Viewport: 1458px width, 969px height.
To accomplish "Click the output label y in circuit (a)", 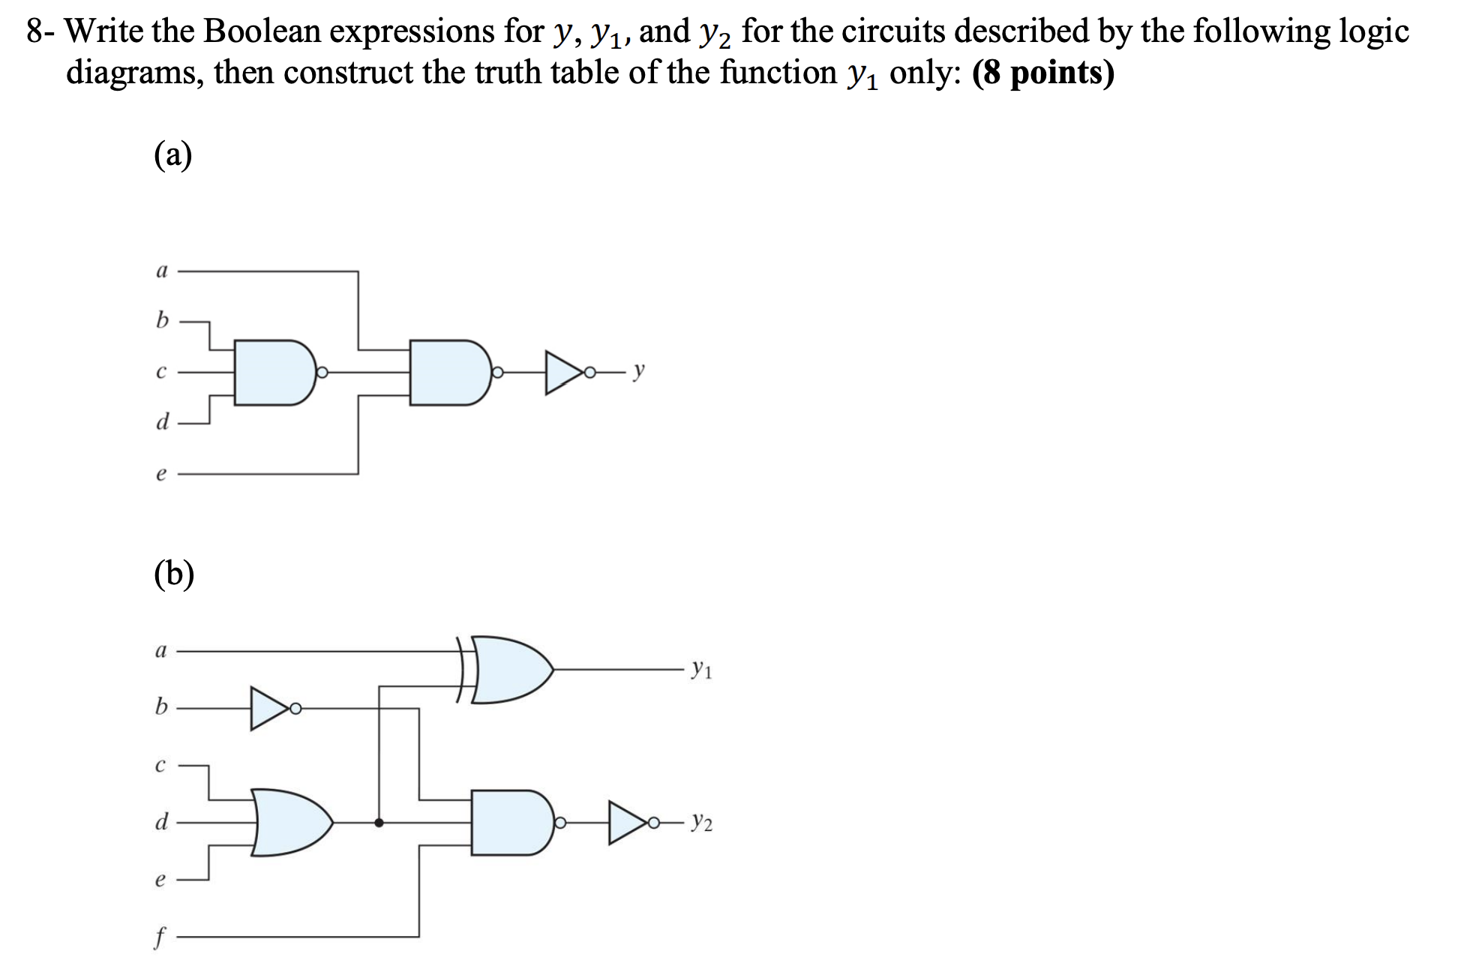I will tap(638, 370).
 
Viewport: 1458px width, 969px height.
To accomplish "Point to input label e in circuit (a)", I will tap(160, 474).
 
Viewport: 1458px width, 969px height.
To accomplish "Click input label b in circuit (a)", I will tap(161, 320).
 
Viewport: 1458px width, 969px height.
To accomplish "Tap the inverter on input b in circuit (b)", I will tap(268, 708).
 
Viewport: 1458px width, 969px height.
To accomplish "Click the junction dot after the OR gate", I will tap(379, 823).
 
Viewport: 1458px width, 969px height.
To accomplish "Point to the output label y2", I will tap(702, 823).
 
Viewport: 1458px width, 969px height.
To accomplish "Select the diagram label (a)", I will tap(173, 156).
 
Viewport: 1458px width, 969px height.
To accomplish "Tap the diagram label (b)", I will tap(174, 575).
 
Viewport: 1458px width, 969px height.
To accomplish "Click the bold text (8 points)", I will tap(1042, 73).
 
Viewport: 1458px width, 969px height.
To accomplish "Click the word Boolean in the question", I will tap(261, 31).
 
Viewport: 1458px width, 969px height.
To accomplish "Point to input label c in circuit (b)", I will tap(160, 766).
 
